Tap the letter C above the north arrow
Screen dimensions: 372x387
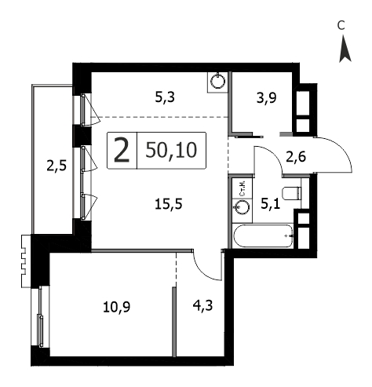pos(341,25)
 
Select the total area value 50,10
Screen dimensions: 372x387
pos(171,150)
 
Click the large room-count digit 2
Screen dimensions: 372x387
pos(122,150)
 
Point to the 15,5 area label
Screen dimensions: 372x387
pos(169,204)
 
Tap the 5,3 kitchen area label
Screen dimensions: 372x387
pos(165,97)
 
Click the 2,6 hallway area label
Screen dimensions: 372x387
pos(296,157)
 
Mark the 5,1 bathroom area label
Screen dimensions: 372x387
pos(271,203)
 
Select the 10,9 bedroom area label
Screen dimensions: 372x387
pos(117,307)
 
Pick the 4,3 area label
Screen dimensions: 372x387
pos(202,305)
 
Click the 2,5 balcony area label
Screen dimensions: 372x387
pos(57,166)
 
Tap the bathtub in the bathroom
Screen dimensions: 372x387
pos(264,235)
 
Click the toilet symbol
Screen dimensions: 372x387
pos(291,193)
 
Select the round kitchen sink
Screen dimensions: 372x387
pos(218,81)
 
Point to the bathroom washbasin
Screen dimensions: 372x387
pos(242,207)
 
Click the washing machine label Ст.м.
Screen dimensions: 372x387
pos(243,189)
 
